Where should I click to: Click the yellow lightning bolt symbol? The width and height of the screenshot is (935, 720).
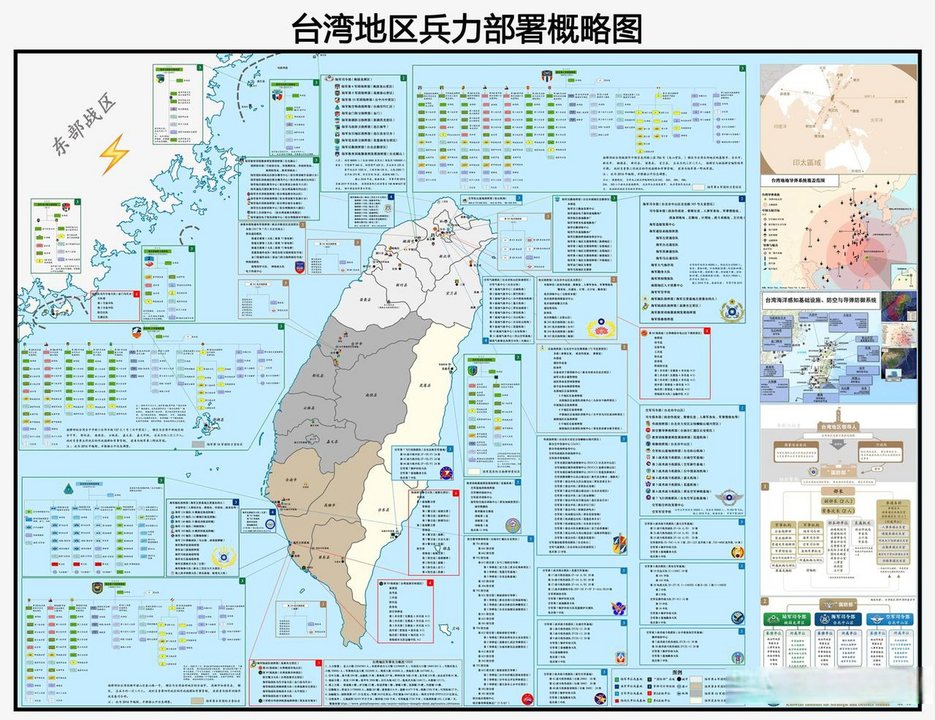pos(114,154)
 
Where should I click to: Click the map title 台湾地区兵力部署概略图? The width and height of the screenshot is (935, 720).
pos(467,29)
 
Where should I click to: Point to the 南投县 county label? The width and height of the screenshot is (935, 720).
pos(371,395)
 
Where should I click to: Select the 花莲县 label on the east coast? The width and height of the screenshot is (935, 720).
pos(425,385)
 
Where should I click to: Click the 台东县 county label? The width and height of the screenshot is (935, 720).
pos(384,510)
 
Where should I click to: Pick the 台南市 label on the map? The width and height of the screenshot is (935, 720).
pos(291,480)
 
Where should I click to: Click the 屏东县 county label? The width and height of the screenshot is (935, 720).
pos(324,557)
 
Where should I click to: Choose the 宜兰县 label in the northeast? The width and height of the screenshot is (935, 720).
pos(451,292)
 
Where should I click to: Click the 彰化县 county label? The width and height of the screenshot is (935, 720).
pos(318,375)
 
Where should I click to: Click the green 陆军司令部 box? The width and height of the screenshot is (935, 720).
pos(787,619)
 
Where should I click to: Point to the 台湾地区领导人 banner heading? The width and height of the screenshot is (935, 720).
pos(838,427)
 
